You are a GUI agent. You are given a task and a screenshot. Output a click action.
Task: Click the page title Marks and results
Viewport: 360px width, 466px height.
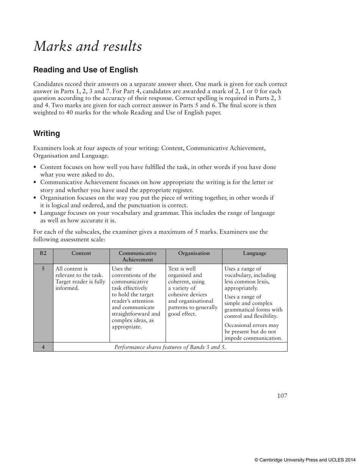88,46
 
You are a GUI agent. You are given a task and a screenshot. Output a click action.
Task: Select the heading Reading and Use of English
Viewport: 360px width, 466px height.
85,70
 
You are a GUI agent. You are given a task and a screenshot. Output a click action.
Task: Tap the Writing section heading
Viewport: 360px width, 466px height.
47,133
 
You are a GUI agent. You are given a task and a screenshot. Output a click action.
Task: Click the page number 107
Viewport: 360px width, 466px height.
282,396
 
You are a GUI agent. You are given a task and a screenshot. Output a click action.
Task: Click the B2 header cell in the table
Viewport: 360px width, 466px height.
43,253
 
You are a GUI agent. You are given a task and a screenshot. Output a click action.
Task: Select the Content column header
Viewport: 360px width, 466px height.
81,253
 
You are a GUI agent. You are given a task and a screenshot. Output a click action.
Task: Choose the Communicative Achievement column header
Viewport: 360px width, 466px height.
138,256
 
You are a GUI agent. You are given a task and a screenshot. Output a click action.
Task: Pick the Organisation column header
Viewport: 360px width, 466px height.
194,253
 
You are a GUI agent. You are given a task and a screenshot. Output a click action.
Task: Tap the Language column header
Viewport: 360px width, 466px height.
255,253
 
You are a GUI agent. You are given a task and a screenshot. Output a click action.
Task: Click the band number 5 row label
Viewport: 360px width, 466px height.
43,269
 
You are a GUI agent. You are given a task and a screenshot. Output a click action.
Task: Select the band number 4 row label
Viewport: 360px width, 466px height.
43,347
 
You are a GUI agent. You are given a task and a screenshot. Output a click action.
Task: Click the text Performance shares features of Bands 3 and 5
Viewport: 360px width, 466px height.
170,347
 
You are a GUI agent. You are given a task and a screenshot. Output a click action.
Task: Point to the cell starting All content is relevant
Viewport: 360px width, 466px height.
80,278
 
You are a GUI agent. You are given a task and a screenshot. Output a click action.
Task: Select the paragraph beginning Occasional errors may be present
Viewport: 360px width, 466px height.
253,332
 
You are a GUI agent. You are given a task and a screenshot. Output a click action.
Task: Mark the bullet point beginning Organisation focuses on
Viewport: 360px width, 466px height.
157,202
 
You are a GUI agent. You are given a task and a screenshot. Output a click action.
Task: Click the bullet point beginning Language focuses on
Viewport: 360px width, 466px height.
157,216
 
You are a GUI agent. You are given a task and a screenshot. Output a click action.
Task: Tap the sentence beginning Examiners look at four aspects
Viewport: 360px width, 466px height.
149,152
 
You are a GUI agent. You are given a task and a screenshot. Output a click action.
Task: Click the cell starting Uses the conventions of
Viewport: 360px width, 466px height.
136,298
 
